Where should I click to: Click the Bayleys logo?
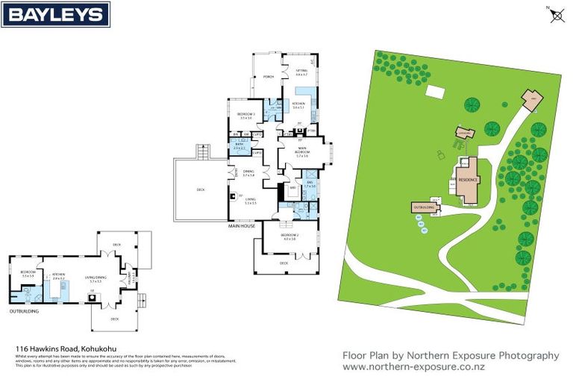coord(56,14)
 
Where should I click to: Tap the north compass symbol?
coord(556,14)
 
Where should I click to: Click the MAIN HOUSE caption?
coord(242,225)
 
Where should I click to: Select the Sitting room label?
coord(301,72)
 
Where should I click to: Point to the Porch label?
coord(268,77)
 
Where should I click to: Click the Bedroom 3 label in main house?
coord(248,116)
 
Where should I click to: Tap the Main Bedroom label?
coord(301,153)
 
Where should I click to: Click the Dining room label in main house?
coord(248,174)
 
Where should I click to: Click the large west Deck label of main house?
coord(201,190)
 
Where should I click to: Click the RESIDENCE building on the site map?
coord(468,179)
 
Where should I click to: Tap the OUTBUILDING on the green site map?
coord(422,207)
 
